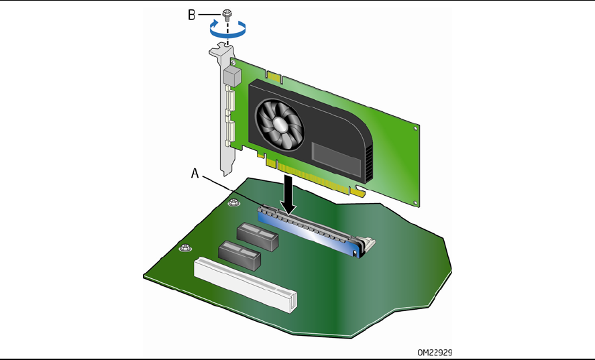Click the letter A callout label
(195, 173)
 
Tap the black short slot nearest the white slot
(239, 255)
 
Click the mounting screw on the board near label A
(232, 202)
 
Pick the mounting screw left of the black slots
(182, 249)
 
